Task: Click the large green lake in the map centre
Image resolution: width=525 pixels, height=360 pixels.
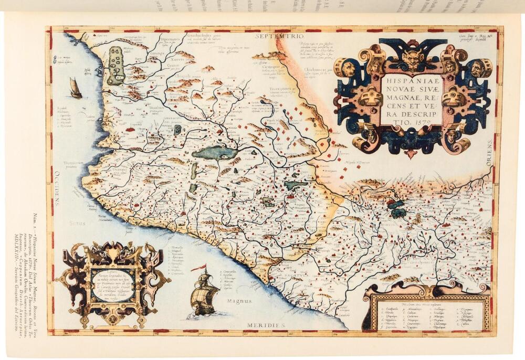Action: click(x=215, y=153)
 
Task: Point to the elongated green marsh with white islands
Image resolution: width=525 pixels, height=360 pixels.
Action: click(x=115, y=66)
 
